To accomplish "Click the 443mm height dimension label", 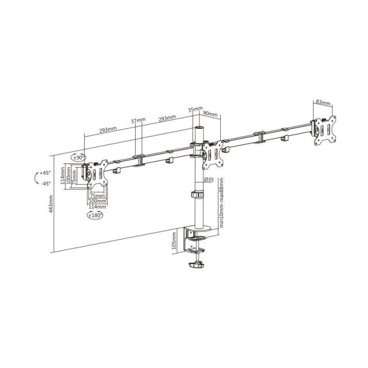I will point(51,204).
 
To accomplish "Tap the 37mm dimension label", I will point(138,121).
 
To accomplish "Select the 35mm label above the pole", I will point(195,109).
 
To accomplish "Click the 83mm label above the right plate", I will point(323,103).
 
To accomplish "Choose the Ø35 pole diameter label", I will point(209,180).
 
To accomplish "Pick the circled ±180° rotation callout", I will point(94,215).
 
